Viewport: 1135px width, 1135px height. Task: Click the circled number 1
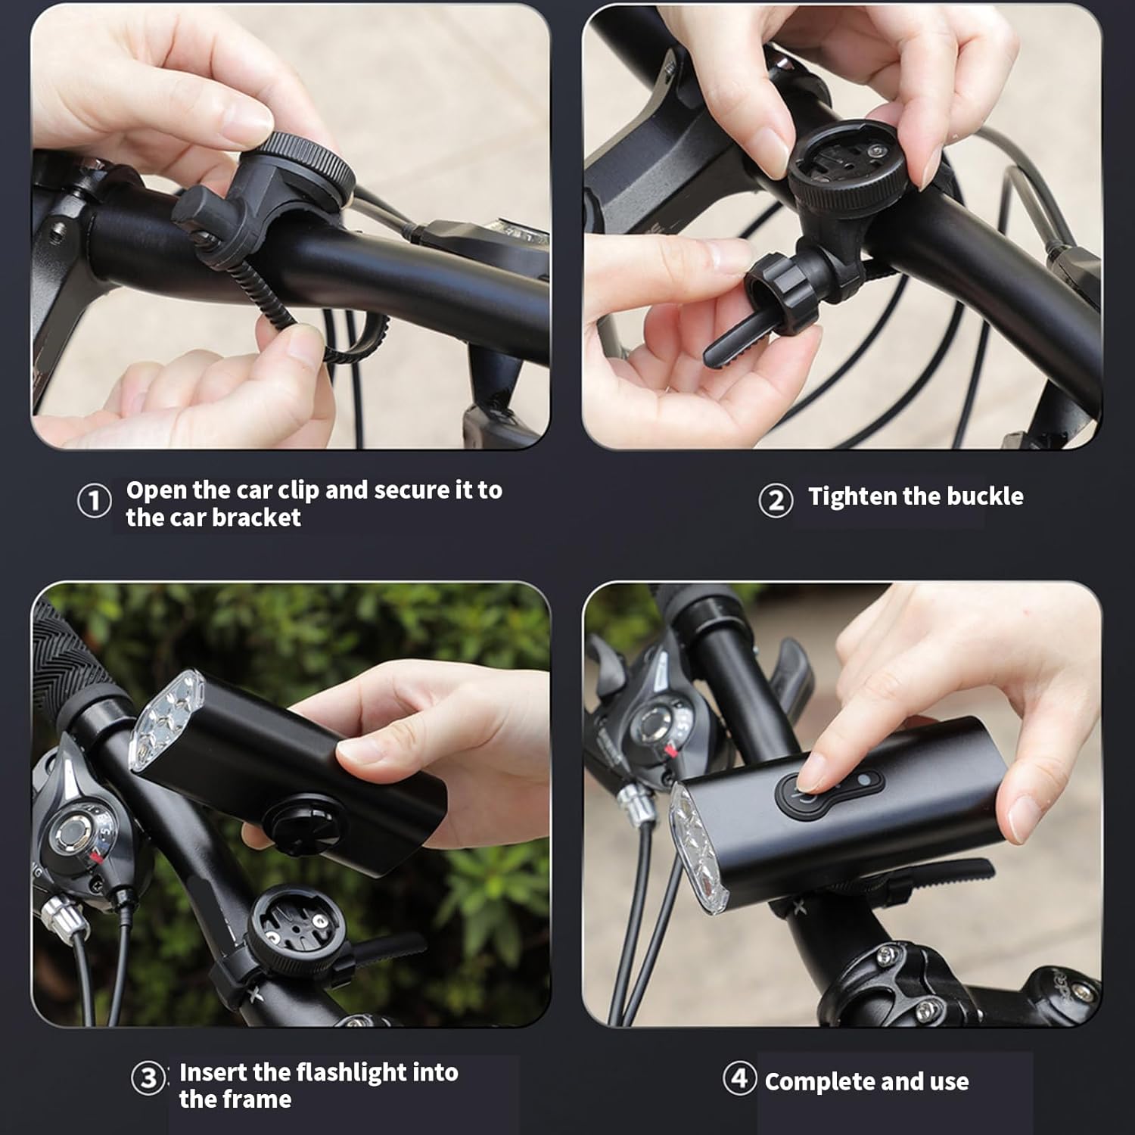(95, 502)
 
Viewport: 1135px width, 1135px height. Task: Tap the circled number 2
(776, 500)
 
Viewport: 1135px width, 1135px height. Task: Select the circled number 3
(148, 1078)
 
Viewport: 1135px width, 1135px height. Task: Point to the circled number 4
(739, 1077)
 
